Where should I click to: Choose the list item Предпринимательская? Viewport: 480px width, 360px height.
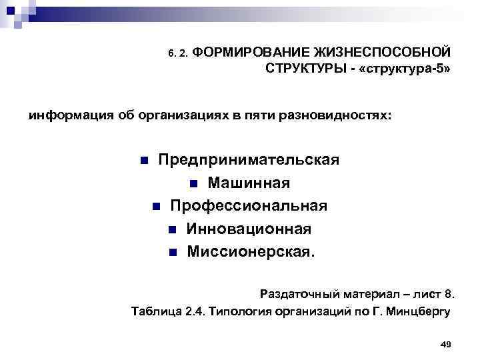coord(248,160)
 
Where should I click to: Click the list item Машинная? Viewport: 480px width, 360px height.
coord(248,183)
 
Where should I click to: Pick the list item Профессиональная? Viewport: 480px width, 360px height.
coord(248,205)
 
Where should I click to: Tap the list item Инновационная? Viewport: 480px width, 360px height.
coord(249,229)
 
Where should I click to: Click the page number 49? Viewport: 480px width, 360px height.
coord(447,343)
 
